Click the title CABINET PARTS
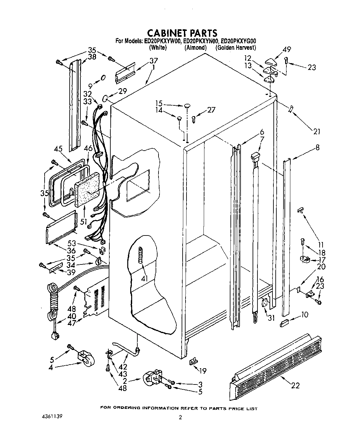click(182, 33)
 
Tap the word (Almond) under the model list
click(195, 47)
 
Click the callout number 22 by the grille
click(295, 386)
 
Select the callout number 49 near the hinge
click(286, 49)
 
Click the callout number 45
click(58, 149)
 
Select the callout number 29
click(122, 91)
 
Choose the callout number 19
click(202, 370)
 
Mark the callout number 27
click(211, 110)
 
